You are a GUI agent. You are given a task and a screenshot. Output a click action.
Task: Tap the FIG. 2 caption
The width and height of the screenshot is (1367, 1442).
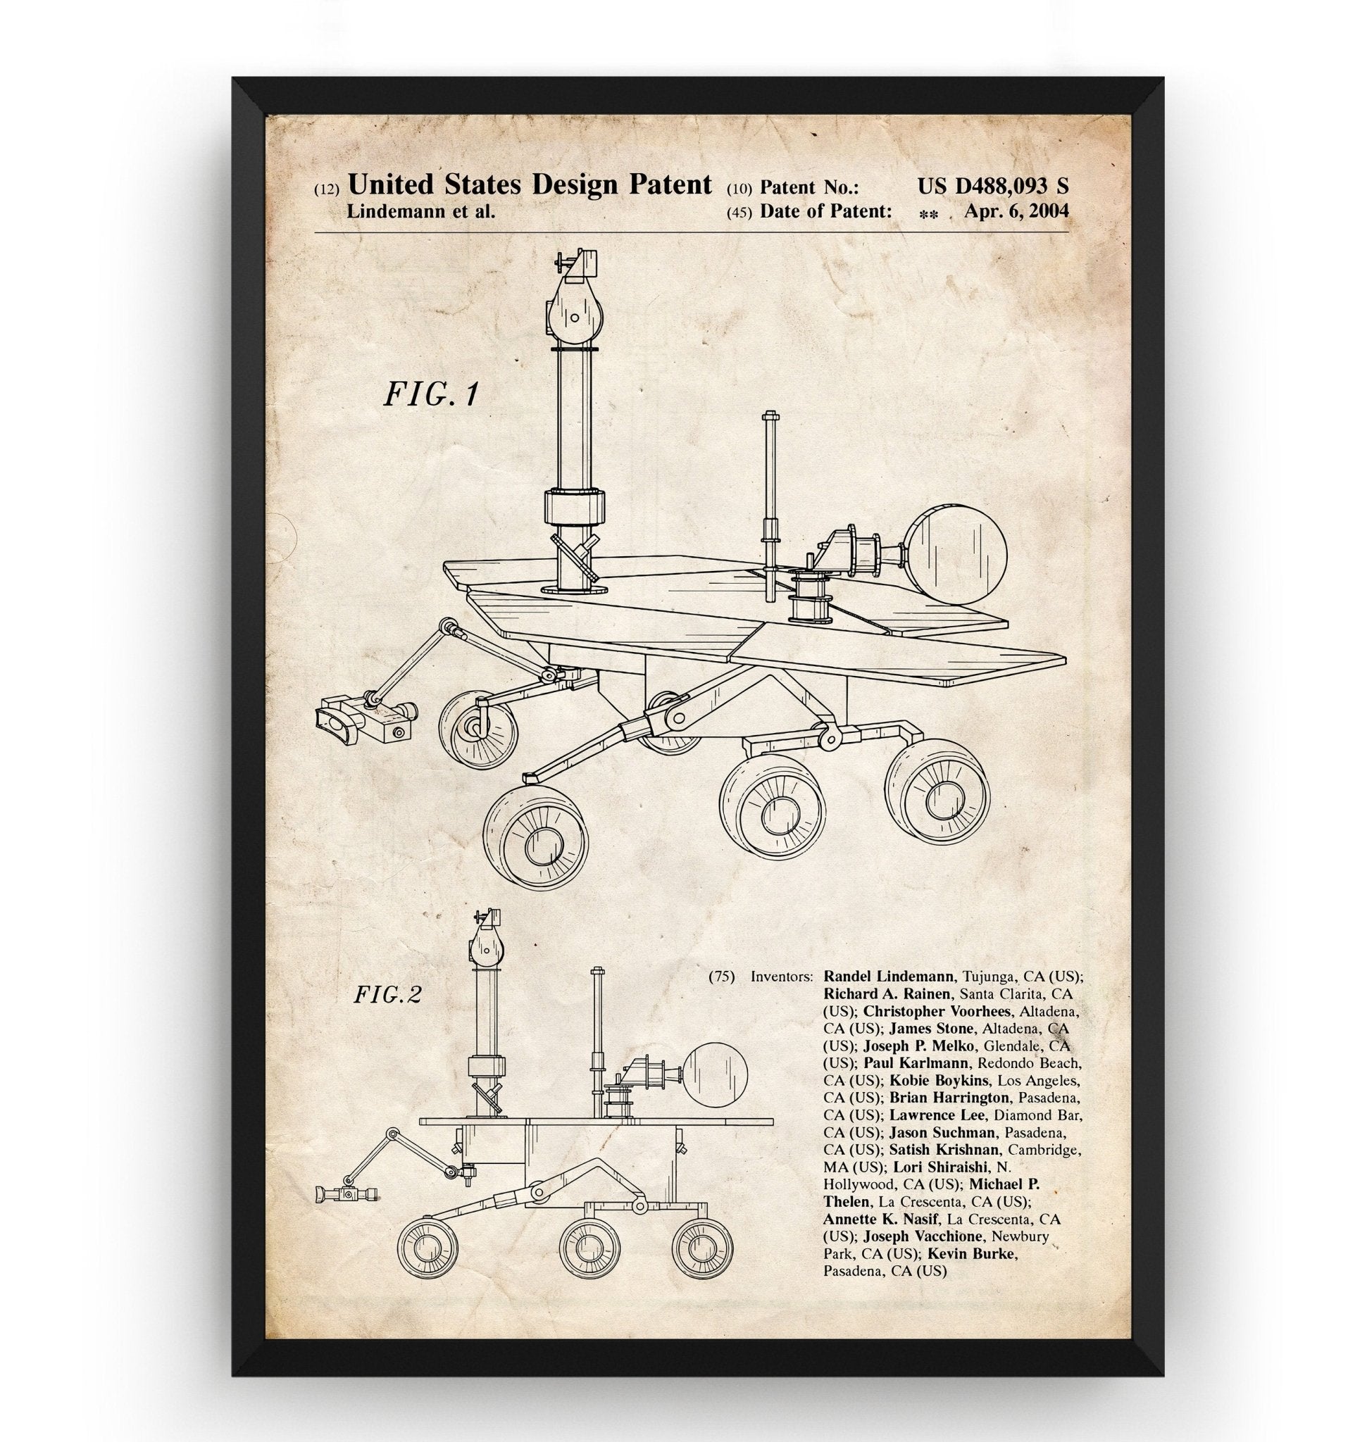(x=387, y=995)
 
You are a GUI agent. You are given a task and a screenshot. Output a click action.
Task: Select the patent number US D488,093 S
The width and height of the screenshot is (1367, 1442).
(x=993, y=187)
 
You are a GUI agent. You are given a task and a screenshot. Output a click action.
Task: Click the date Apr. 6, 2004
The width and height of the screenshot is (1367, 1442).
(x=1016, y=211)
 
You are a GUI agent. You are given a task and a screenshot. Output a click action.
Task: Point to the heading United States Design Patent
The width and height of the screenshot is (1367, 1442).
(x=530, y=185)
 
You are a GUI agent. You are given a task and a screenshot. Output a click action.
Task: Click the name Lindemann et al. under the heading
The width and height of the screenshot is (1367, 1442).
(x=421, y=212)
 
